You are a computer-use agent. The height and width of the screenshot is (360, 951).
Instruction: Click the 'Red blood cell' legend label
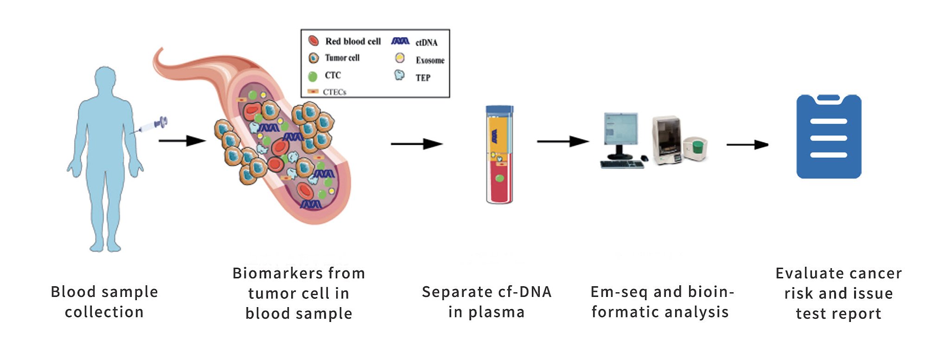(x=353, y=41)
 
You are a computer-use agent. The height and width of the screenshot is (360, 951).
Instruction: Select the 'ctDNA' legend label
(x=426, y=43)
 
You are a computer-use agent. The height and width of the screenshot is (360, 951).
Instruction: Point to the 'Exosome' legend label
(x=430, y=60)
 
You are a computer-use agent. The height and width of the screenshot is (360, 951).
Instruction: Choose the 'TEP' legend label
(x=423, y=78)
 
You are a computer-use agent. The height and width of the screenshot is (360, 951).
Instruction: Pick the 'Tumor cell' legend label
(x=342, y=58)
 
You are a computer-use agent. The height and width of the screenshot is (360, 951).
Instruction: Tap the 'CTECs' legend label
(x=334, y=92)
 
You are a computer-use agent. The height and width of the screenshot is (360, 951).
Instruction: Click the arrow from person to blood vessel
(x=182, y=140)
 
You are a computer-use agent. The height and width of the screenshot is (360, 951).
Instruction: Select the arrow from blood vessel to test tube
(x=416, y=144)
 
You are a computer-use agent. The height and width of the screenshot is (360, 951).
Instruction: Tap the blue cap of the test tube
(x=499, y=110)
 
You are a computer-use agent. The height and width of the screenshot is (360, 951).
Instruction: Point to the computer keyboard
(x=622, y=164)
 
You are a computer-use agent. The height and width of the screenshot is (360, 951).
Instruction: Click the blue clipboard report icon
(x=829, y=136)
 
